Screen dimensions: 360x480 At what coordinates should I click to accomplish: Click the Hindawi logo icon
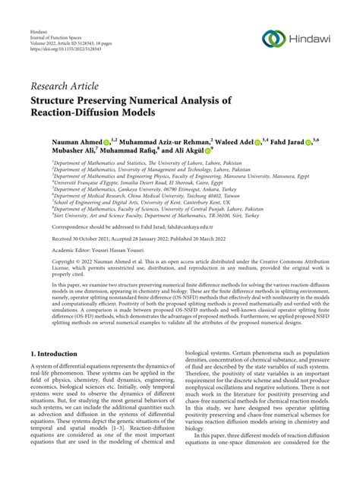[x=272, y=39]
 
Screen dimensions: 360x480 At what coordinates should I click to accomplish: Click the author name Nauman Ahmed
[x=54, y=141]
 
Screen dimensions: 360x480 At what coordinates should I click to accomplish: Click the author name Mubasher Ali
[x=53, y=151]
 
